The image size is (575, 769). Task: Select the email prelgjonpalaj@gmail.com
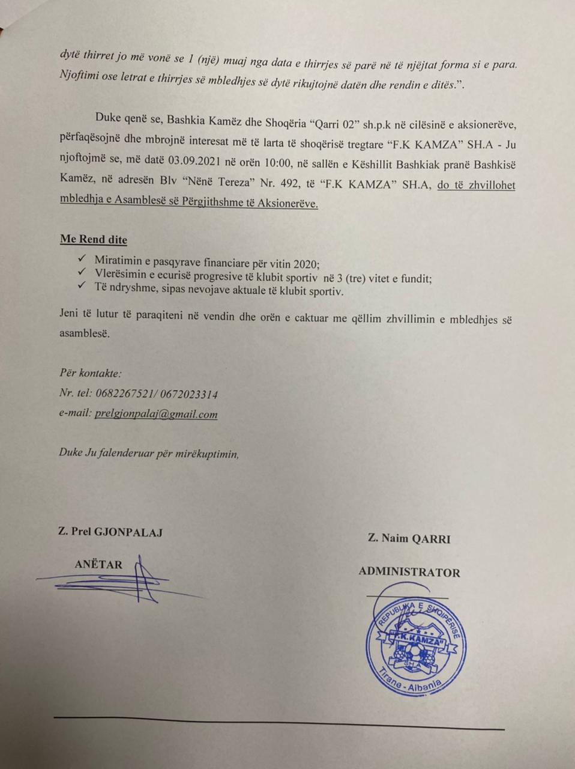tap(156, 414)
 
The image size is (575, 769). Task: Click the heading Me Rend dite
tap(94, 240)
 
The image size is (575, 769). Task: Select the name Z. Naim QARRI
tap(409, 539)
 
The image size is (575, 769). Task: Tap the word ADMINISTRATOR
tap(409, 572)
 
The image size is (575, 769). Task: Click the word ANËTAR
tap(98, 564)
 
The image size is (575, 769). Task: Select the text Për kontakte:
tap(91, 373)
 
